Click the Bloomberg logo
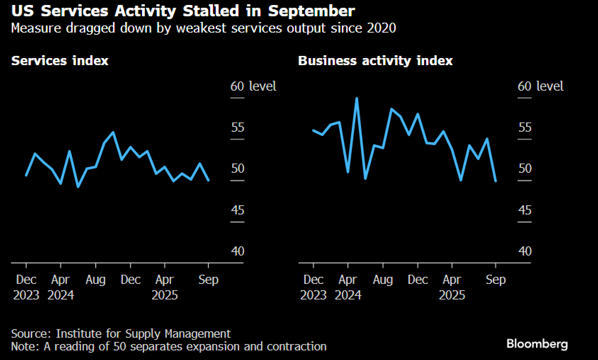pos(537,344)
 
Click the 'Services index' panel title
pos(60,61)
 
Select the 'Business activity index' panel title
pos(375,61)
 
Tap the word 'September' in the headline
pos(311,11)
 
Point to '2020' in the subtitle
pos(382,28)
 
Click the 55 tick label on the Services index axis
pos(237,127)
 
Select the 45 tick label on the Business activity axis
pos(525,210)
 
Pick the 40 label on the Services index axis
pos(237,251)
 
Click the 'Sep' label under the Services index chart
pos(208,280)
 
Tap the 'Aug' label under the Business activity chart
pos(383,280)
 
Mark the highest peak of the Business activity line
pos(356,98)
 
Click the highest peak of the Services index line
pos(113,132)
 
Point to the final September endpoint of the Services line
pos(208,181)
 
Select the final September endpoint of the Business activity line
pos(496,181)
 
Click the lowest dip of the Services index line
pos(78,187)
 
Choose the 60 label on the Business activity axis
pos(524,86)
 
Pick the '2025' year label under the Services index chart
pos(165,295)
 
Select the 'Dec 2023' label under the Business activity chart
pos(313,287)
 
